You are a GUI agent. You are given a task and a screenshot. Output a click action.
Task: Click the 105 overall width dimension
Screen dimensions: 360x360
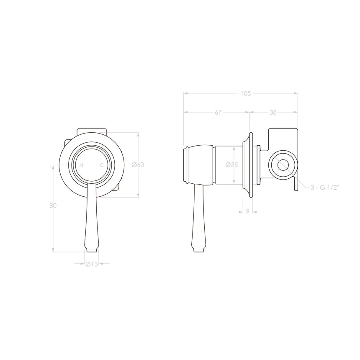(x=246, y=94)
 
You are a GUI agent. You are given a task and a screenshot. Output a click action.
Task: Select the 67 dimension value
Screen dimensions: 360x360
(x=218, y=112)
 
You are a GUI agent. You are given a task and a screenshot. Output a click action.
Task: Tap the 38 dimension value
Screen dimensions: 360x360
(x=273, y=112)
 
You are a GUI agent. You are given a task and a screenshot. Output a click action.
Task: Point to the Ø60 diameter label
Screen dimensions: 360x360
(x=138, y=165)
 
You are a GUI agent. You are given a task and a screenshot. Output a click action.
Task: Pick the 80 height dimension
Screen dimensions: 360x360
(x=53, y=206)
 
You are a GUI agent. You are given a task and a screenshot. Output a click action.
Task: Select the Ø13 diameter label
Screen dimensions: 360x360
(x=92, y=264)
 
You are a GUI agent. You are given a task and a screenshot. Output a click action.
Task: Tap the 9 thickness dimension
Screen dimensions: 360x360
(x=247, y=212)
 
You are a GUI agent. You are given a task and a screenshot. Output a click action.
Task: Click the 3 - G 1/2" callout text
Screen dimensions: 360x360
(x=324, y=188)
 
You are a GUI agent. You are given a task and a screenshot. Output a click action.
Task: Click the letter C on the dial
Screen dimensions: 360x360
(x=102, y=165)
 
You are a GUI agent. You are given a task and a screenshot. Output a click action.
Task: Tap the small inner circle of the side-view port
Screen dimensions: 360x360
(x=283, y=165)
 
